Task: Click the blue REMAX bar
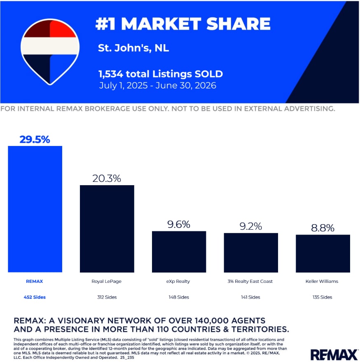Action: click(x=35, y=209)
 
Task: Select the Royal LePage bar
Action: click(x=107, y=229)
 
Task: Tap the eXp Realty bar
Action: click(x=179, y=252)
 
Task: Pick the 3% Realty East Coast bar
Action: click(x=251, y=253)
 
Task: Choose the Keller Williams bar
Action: click(x=323, y=254)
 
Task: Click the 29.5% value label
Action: click(x=35, y=139)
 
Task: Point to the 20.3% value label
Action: click(x=107, y=179)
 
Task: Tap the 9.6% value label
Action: click(x=179, y=224)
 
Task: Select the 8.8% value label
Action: click(x=323, y=228)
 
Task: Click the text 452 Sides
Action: click(x=35, y=297)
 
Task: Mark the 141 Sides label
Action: click(x=250, y=297)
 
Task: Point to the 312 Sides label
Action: click(x=107, y=297)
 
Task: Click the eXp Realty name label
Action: click(x=178, y=282)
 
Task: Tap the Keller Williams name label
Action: click(x=322, y=281)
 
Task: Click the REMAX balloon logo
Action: click(x=50, y=52)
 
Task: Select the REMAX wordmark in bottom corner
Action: click(x=334, y=355)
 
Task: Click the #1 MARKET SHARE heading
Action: click(x=183, y=24)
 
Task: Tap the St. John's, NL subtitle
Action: click(x=133, y=48)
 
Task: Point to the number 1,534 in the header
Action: click(x=111, y=74)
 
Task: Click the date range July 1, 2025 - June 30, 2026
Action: click(x=157, y=86)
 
